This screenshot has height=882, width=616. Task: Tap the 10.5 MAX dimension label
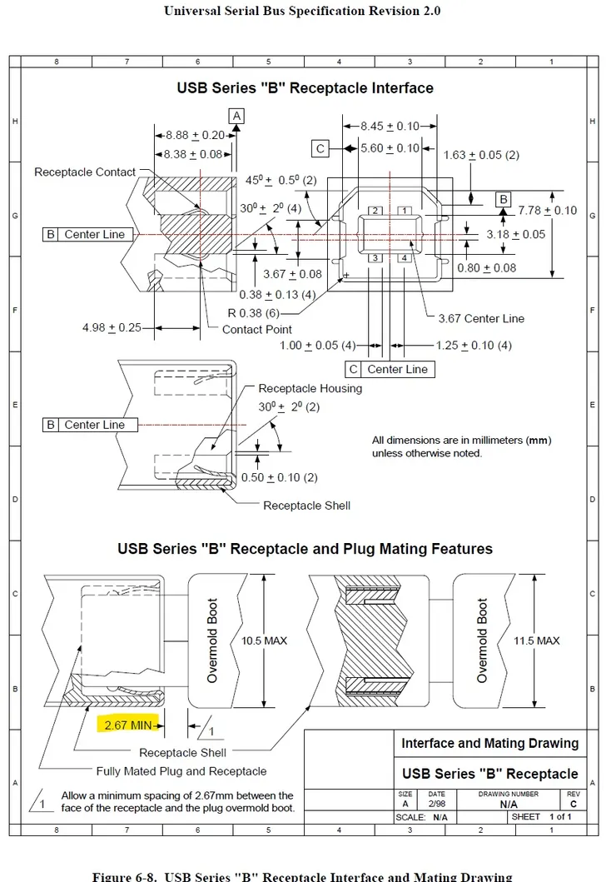[264, 640]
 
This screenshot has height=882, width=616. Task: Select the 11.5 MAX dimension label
[537, 640]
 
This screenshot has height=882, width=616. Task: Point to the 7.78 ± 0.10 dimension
[547, 210]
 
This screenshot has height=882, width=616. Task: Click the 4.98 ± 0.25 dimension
[112, 327]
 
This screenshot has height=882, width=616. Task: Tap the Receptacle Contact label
[85, 172]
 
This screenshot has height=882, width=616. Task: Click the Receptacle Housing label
[310, 388]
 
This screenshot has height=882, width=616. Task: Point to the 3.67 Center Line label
[481, 318]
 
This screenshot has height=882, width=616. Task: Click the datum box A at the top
[237, 116]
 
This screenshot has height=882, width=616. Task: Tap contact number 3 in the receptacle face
[375, 258]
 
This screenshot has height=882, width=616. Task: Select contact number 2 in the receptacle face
[375, 211]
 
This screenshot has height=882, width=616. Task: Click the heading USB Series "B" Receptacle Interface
[305, 87]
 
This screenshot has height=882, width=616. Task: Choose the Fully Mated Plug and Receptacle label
[181, 770]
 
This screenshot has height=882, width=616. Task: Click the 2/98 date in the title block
[436, 805]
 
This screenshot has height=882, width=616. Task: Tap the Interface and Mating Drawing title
[490, 743]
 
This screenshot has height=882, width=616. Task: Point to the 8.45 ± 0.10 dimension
[390, 126]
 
